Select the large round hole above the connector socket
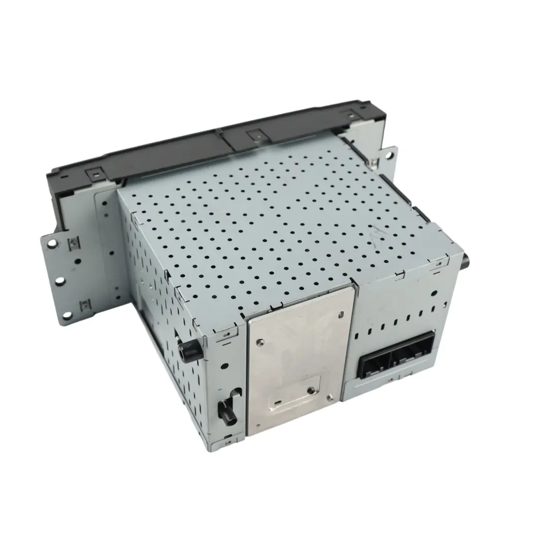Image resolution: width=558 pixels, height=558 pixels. tap(433, 293)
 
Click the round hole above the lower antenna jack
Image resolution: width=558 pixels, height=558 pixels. tap(223, 365)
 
